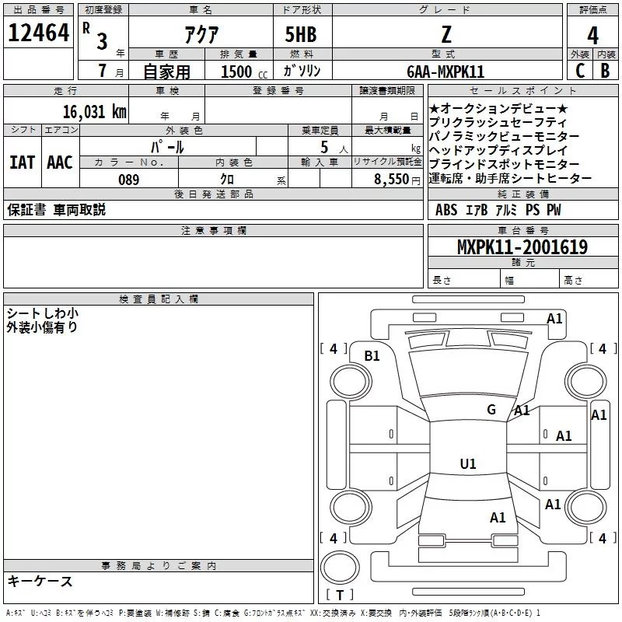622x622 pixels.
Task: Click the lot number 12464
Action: coord(38,34)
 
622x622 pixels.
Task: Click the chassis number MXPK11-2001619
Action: coord(522,247)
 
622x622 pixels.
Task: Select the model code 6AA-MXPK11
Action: coord(446,72)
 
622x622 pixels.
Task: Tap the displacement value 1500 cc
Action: coord(242,72)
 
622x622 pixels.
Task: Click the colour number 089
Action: coord(128,179)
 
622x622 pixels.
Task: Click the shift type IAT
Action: coord(22,162)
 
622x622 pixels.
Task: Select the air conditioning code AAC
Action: coord(60,162)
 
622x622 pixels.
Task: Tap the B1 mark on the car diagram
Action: coord(372,355)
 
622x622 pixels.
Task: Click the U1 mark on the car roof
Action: coord(467,464)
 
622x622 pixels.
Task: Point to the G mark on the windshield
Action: coord(491,409)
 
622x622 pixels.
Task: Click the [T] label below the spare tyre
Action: coord(340,596)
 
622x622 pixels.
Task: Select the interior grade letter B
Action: coord(606,71)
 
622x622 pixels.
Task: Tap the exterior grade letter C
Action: coord(579,71)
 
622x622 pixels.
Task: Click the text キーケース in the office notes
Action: coord(40,582)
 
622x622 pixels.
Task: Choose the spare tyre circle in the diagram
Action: coord(340,566)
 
